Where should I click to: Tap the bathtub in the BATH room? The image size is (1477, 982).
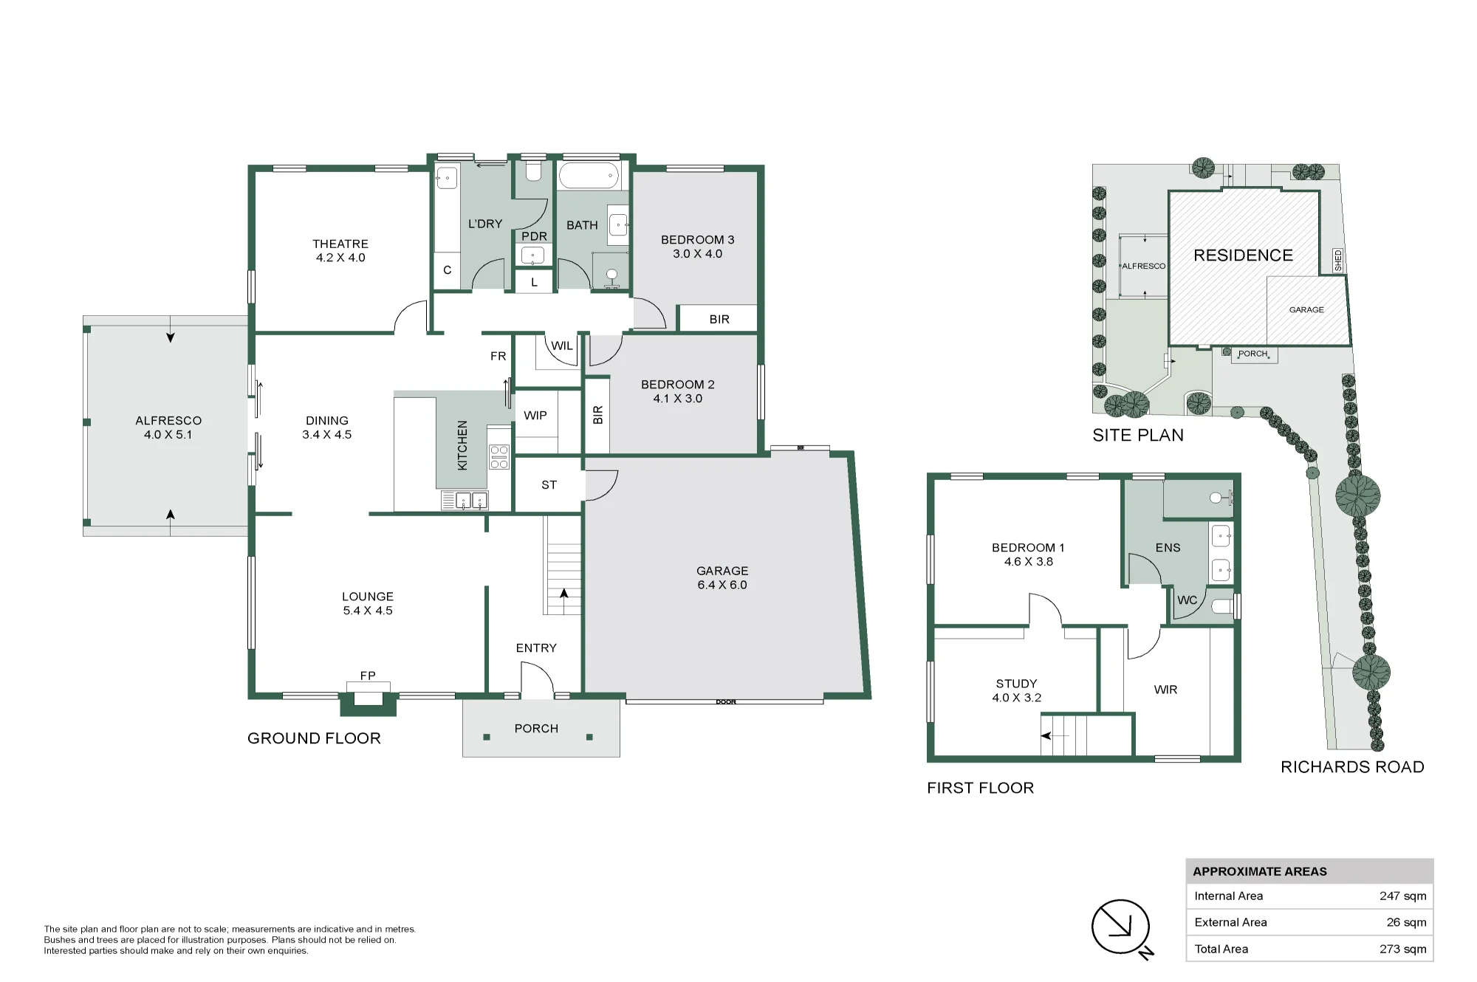(589, 176)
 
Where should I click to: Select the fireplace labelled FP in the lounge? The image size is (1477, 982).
(368, 698)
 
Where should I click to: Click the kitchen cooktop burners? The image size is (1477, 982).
(499, 457)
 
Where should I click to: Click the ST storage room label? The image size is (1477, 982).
(549, 485)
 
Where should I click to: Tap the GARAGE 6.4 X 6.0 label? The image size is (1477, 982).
(722, 577)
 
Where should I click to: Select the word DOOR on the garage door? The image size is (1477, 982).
(726, 701)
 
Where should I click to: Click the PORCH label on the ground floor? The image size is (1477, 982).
(536, 729)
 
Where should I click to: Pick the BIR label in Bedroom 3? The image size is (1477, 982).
(719, 320)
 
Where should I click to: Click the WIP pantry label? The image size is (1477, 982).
(535, 416)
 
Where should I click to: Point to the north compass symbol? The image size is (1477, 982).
(1121, 928)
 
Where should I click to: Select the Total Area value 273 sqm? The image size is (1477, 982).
(1402, 950)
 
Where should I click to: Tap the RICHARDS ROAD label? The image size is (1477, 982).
(1352, 767)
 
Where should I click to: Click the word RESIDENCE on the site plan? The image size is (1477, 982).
(1244, 255)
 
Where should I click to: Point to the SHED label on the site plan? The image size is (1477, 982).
(1338, 260)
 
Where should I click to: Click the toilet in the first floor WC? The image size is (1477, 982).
(1223, 607)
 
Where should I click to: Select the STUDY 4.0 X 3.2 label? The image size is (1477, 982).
(1017, 690)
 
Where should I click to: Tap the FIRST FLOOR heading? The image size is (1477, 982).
(980, 788)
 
